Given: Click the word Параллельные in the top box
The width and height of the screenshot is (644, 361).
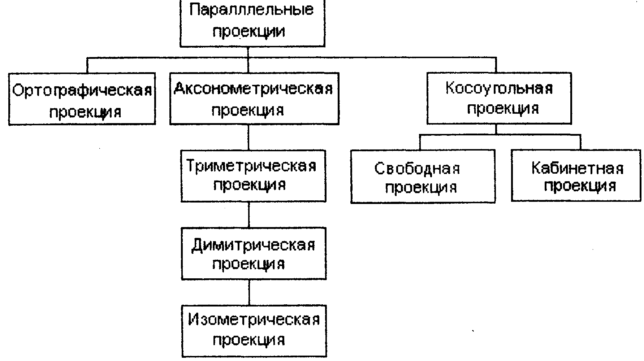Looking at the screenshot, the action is click(251, 10).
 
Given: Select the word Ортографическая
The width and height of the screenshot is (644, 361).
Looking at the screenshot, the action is click(82, 90).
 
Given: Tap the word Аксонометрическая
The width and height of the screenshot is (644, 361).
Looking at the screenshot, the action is click(253, 88).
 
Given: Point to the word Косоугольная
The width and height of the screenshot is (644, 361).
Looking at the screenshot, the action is click(499, 89).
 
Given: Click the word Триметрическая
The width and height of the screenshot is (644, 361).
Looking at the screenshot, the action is click(251, 166).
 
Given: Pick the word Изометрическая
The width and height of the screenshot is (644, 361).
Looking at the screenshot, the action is click(254, 319).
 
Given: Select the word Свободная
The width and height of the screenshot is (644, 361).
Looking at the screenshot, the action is click(417, 169).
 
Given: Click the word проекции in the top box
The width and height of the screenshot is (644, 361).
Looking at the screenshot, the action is click(248, 31).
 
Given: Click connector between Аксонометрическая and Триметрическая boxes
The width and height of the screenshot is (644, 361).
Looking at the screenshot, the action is click(249, 138).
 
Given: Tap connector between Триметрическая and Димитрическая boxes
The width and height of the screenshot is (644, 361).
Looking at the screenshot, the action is click(249, 215).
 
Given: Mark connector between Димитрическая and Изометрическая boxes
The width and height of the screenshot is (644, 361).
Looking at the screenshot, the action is click(249, 292).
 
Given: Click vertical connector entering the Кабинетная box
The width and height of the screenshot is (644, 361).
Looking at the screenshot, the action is click(580, 143).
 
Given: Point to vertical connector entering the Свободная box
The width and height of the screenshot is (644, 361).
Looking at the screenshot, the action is click(420, 143).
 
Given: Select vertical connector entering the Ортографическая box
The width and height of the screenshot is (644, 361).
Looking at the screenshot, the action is click(87, 65).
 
